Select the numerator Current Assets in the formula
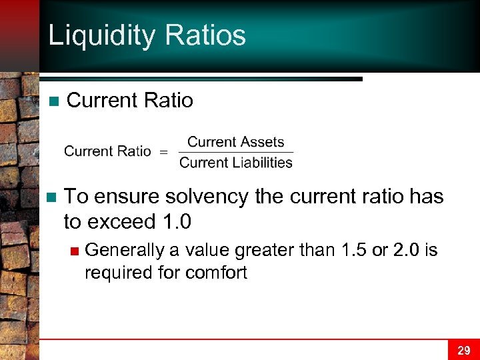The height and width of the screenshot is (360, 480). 235,142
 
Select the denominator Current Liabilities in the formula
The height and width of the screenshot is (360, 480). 235,162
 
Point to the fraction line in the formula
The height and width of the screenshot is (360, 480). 235,152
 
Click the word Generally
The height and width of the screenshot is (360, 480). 125,250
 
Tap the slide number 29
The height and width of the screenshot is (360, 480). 464,350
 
